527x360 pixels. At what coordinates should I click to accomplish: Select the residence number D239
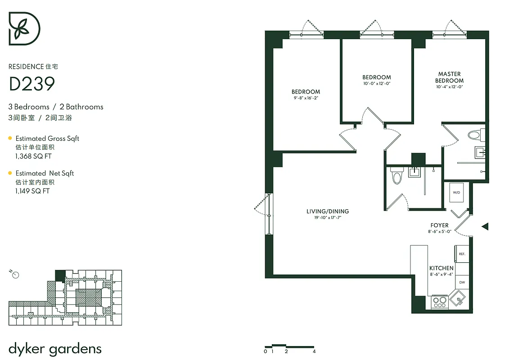pos(32,84)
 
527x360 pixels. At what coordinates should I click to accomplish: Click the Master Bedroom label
pos(449,77)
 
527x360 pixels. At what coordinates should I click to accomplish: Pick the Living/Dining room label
pos(327,211)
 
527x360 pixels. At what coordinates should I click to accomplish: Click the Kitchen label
pos(441,268)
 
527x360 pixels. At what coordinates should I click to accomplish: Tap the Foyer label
pos(439,225)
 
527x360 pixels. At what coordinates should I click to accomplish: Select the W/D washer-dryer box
pos(456,193)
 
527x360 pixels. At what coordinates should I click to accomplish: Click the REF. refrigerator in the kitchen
pos(462,254)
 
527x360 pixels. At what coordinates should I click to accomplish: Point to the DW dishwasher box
pos(462,283)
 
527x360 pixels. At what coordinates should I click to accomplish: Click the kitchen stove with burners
pos(439,301)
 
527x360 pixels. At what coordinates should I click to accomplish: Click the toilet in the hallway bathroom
pos(396,175)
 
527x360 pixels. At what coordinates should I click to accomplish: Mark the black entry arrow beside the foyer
pos(485,226)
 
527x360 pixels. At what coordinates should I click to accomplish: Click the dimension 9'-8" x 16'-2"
pos(306,98)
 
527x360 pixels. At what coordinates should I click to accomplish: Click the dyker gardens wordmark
pos(55,348)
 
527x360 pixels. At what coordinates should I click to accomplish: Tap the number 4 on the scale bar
pos(314,351)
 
